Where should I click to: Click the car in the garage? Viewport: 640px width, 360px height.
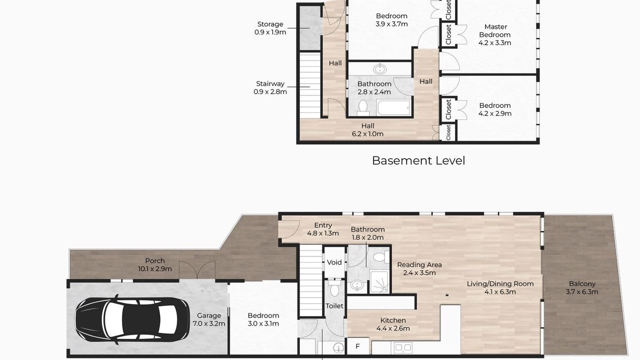[x=132, y=319]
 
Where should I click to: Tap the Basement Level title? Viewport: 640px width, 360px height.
[x=418, y=160]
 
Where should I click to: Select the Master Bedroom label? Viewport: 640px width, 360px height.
[x=495, y=35]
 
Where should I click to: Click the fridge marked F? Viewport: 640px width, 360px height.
[x=357, y=346]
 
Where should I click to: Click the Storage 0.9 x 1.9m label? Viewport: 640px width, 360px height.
[x=270, y=28]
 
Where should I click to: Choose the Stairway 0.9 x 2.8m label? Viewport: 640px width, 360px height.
[x=270, y=87]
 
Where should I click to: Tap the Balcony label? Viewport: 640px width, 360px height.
[x=582, y=287]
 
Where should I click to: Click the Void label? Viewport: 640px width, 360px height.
[x=334, y=262]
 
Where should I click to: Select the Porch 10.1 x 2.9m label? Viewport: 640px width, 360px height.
[x=155, y=264]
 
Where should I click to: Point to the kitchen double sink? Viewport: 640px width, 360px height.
[x=403, y=347]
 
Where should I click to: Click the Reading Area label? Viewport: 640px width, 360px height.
[x=419, y=268]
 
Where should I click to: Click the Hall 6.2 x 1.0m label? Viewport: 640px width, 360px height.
[x=367, y=129]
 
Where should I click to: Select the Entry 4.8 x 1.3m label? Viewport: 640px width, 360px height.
[x=323, y=229]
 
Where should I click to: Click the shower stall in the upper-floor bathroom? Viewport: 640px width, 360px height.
[x=379, y=281]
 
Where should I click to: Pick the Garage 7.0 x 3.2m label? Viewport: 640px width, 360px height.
[x=209, y=319]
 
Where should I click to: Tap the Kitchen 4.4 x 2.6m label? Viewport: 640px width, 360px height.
[x=393, y=324]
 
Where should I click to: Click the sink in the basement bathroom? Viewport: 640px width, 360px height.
[x=380, y=69]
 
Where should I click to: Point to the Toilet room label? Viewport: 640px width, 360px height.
[x=334, y=306]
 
